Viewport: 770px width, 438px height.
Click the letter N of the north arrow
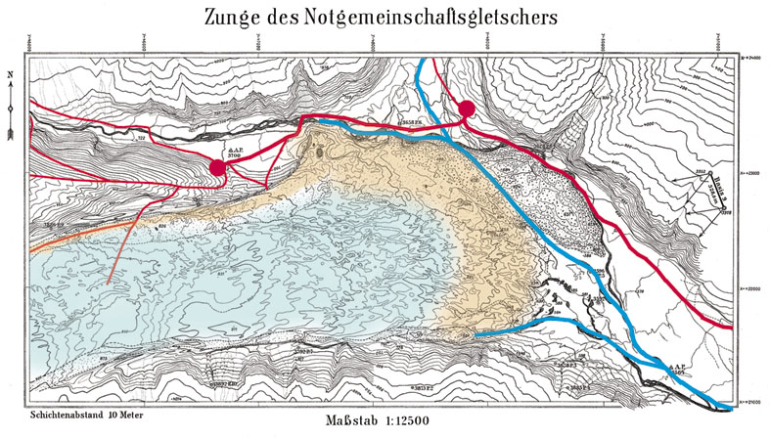point(9,74)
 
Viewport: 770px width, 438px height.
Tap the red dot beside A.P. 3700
point(218,168)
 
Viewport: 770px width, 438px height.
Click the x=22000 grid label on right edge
point(750,288)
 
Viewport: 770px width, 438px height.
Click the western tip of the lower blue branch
point(476,334)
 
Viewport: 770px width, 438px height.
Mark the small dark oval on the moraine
point(317,151)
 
